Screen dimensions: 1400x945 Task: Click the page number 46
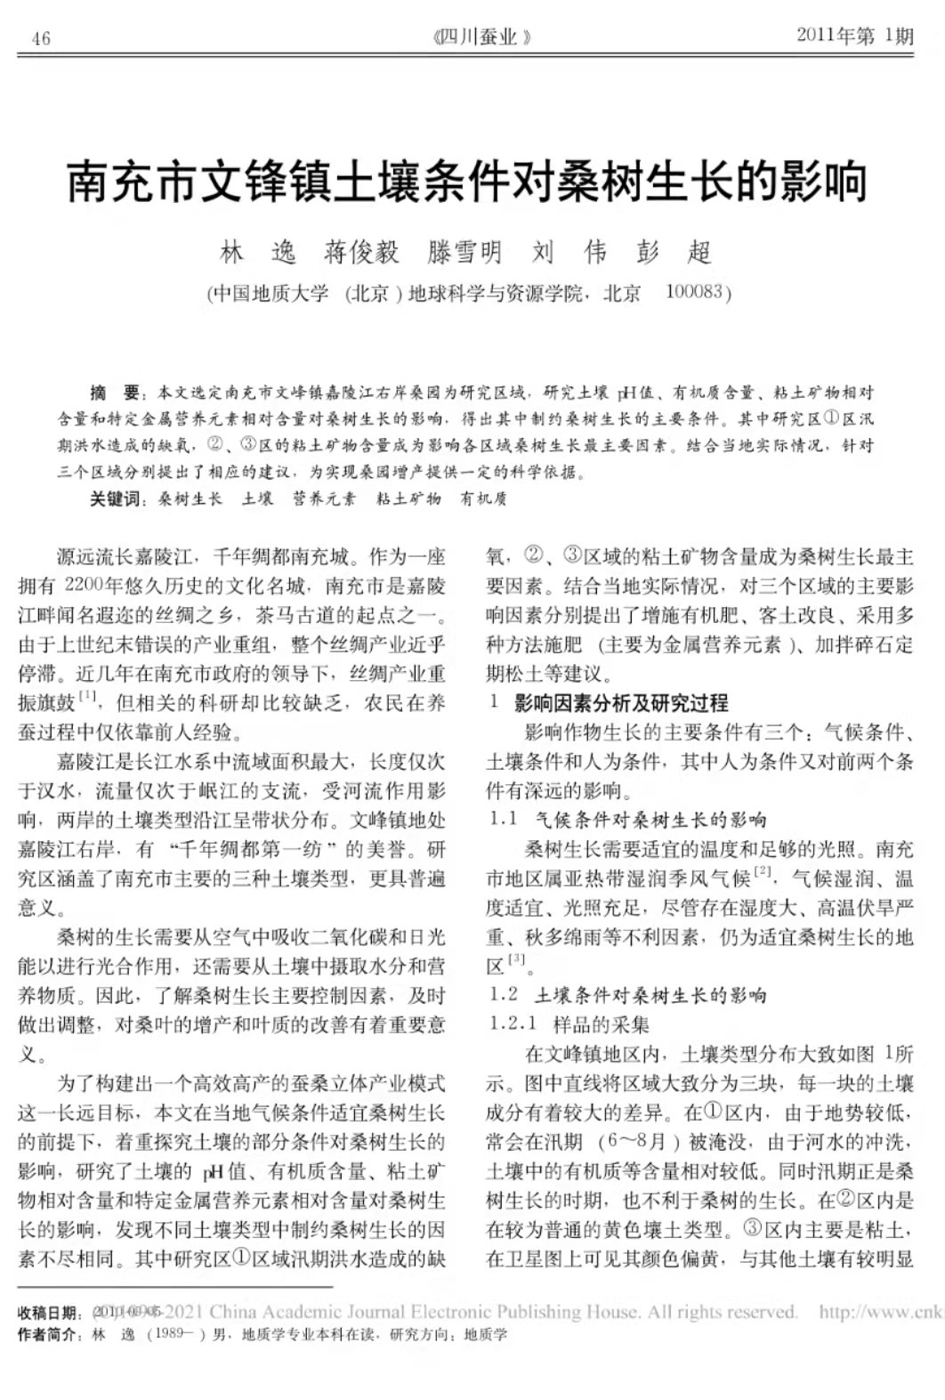pyautogui.click(x=41, y=37)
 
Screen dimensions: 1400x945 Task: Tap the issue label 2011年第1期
pyautogui.click(x=854, y=36)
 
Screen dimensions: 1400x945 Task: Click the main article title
pyautogui.click(x=468, y=181)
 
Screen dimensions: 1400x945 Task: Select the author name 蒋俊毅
pyautogui.click(x=361, y=253)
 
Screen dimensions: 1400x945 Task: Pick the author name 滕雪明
pyautogui.click(x=464, y=253)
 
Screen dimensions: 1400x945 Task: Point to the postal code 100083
pyautogui.click(x=697, y=292)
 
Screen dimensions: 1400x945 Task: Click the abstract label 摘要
pyautogui.click(x=116, y=392)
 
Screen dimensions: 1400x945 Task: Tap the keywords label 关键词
pyautogui.click(x=116, y=499)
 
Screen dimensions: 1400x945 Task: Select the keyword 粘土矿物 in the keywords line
pyautogui.click(x=408, y=499)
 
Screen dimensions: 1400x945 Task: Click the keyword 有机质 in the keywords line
pyautogui.click(x=483, y=499)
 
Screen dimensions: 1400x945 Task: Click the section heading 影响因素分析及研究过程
pyautogui.click(x=621, y=703)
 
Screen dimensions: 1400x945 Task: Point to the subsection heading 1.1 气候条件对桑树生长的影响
pyautogui.click(x=627, y=820)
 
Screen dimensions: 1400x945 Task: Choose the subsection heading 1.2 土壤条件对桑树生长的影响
pyautogui.click(x=627, y=995)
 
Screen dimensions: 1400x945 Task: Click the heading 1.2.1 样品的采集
pyautogui.click(x=569, y=1024)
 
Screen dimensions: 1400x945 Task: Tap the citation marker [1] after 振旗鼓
pyautogui.click(x=88, y=696)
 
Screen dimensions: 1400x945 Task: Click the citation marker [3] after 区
pyautogui.click(x=517, y=959)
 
